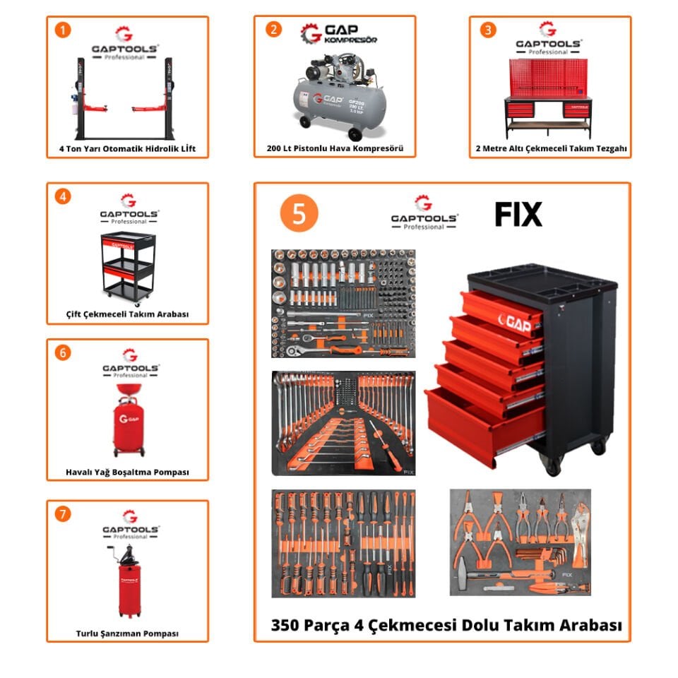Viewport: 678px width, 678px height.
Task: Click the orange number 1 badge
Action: [64, 30]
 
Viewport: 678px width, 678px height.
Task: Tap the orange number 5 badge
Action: [299, 215]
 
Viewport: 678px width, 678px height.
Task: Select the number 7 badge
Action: [64, 514]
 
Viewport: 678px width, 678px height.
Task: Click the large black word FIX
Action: [518, 214]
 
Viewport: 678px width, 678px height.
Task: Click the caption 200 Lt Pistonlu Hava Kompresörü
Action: [334, 149]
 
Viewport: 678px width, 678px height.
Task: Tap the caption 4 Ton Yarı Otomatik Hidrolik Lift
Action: [127, 149]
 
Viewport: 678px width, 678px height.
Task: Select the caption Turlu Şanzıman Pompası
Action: [127, 634]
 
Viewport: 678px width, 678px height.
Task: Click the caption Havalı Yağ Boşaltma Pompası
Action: [127, 472]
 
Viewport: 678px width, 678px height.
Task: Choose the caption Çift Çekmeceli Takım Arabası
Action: [127, 314]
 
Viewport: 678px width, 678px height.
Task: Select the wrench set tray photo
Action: [343, 422]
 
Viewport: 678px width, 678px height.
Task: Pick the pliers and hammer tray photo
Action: [520, 542]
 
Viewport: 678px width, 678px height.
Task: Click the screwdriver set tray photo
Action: [343, 542]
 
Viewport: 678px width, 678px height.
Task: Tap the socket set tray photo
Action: [343, 303]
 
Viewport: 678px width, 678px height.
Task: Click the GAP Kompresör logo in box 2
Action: [339, 33]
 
